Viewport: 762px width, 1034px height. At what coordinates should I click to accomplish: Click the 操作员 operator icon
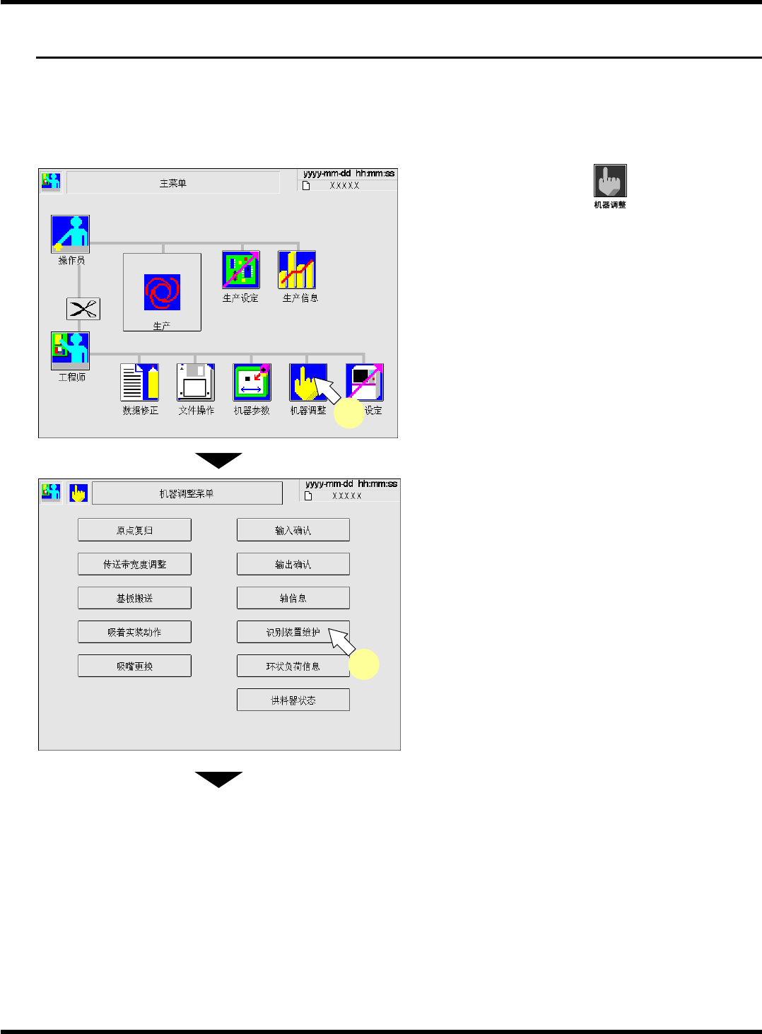[x=70, y=234]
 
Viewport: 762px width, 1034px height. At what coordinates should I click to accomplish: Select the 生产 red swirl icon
[x=162, y=292]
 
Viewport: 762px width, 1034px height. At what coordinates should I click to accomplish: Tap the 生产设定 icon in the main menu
[x=240, y=269]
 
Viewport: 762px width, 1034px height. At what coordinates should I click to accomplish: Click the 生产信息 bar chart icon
[x=297, y=269]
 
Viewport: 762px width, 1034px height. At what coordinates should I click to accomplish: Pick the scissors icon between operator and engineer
[x=83, y=309]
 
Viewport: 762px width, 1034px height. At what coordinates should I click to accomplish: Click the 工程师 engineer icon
[x=70, y=350]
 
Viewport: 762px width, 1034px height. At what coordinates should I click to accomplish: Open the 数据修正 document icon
[x=139, y=382]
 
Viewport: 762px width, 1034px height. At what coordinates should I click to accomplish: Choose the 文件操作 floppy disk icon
[x=196, y=382]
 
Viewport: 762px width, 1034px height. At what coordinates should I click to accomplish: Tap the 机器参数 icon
[x=252, y=382]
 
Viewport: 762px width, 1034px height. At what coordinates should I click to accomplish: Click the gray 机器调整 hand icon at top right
[x=610, y=181]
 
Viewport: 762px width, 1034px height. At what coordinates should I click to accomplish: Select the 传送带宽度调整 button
[x=134, y=564]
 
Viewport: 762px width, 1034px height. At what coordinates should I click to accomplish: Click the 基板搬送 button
[x=134, y=598]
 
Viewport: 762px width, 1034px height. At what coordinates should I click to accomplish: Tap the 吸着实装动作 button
[x=134, y=632]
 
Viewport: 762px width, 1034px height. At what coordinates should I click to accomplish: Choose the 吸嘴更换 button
[x=134, y=666]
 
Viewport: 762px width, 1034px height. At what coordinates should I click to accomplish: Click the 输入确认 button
[x=293, y=530]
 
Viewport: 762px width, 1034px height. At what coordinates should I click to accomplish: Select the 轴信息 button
[x=293, y=598]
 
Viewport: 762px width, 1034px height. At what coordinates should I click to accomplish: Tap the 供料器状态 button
[x=293, y=700]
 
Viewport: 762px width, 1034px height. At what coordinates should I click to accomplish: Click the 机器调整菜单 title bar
[x=187, y=493]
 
